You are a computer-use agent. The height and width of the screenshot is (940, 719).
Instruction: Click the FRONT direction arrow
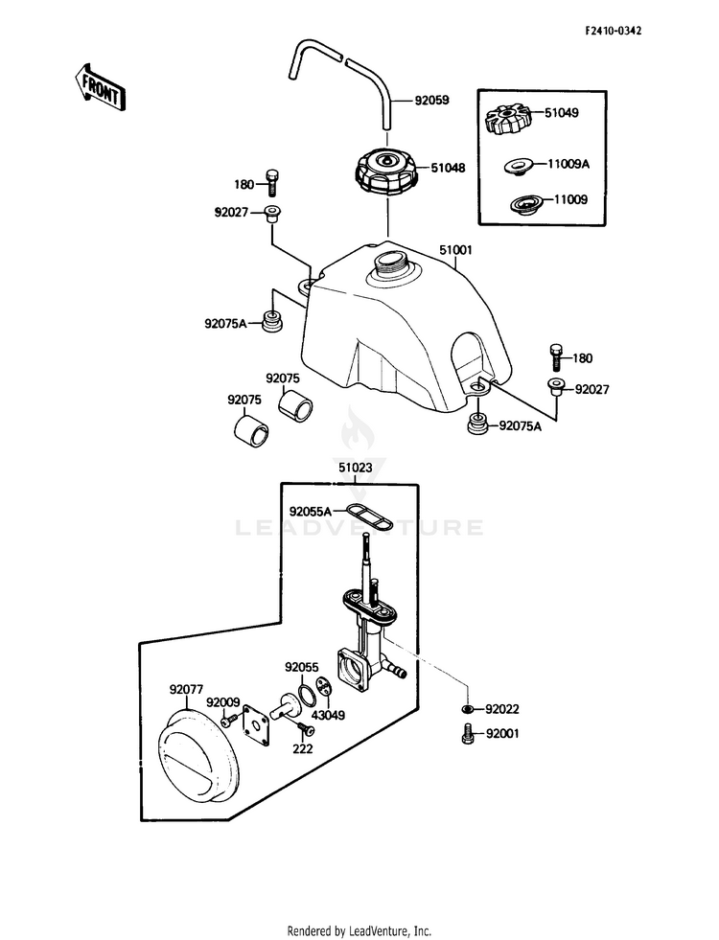pyautogui.click(x=100, y=87)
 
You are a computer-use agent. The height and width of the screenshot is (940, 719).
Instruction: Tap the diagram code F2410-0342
pyautogui.click(x=613, y=31)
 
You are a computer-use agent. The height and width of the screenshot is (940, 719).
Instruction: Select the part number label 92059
pyautogui.click(x=431, y=101)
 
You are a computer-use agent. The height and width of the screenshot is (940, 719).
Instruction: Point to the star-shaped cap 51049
pyautogui.click(x=508, y=118)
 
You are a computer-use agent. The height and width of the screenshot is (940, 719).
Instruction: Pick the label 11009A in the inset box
pyautogui.click(x=568, y=164)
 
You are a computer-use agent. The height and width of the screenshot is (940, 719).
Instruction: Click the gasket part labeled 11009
pyautogui.click(x=526, y=204)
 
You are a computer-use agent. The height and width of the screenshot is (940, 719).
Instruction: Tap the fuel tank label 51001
pyautogui.click(x=455, y=250)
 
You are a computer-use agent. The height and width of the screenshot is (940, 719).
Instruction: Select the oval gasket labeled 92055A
pyautogui.click(x=369, y=516)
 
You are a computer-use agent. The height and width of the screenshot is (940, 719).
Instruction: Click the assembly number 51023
pyautogui.click(x=355, y=467)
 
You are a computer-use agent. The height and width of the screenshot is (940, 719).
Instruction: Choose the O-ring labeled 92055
pyautogui.click(x=307, y=696)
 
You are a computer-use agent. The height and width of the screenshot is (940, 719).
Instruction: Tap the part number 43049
pyautogui.click(x=329, y=715)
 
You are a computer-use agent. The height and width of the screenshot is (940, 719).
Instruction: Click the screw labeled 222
pyautogui.click(x=306, y=728)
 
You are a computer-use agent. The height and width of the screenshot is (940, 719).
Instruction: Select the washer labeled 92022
pyautogui.click(x=469, y=709)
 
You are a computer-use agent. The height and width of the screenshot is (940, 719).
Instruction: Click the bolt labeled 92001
pyautogui.click(x=469, y=734)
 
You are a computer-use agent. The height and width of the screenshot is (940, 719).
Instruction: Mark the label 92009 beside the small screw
pyautogui.click(x=223, y=702)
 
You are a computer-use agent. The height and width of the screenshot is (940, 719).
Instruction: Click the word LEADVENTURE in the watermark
pyautogui.click(x=359, y=528)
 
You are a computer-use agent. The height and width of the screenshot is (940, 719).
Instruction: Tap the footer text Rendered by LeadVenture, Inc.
pyautogui.click(x=359, y=931)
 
